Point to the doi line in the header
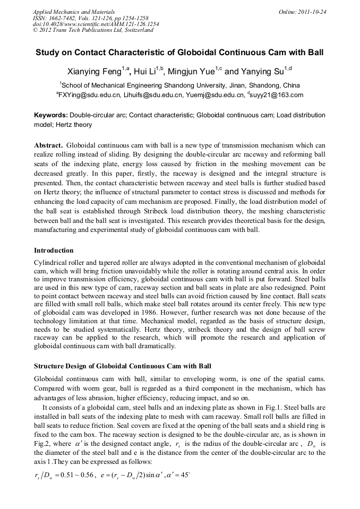click(x=96, y=24)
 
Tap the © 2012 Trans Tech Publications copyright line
click(x=93, y=30)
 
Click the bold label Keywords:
click(x=51, y=115)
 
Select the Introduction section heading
click(x=54, y=250)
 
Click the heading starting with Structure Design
click(x=123, y=366)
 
